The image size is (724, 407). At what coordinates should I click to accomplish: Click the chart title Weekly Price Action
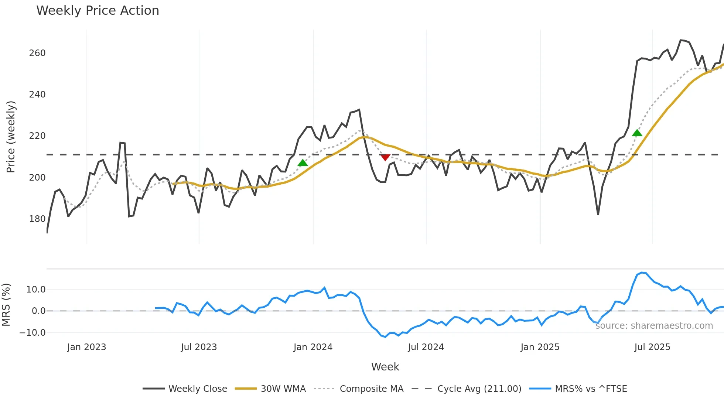coord(98,11)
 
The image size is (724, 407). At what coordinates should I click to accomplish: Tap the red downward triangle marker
coord(385,158)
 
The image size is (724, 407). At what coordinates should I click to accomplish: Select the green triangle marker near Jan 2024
coord(303,163)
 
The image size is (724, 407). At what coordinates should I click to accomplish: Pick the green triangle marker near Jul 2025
coord(637,133)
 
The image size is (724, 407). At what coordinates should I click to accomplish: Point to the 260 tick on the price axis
coord(37,53)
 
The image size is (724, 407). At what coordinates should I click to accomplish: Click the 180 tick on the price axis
coord(37,219)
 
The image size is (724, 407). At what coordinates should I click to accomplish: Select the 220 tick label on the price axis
coord(37,136)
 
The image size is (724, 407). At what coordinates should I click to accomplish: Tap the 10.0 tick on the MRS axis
coord(36,290)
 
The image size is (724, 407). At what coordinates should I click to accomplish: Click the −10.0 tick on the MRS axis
coord(33,333)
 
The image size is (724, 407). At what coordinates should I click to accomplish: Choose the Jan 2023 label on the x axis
coord(86,347)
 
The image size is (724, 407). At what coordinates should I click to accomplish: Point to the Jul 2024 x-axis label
coord(426,347)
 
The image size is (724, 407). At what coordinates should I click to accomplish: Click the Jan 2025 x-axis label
coord(540,347)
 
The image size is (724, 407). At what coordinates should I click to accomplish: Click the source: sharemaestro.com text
coord(654,326)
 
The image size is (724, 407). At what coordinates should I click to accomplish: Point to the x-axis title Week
coord(385,367)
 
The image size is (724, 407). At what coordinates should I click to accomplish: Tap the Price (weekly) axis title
coord(11,137)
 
